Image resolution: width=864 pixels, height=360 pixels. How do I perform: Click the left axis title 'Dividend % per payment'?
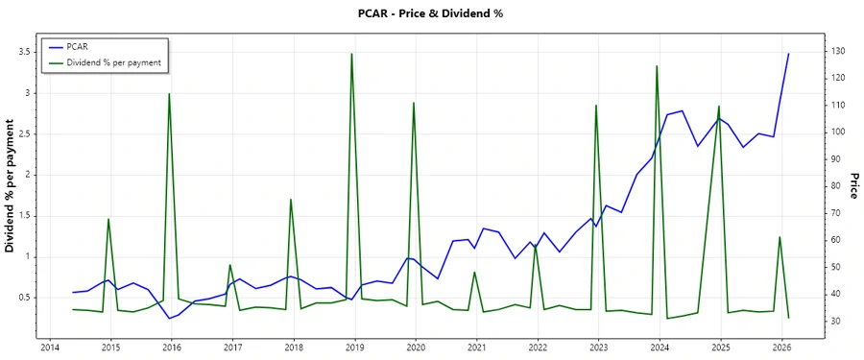coord(12,186)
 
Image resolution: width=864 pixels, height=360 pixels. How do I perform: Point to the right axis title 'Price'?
coord(853,186)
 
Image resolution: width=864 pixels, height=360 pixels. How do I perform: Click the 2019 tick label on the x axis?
coord(354,347)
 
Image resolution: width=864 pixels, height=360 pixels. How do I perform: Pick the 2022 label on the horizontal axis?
coord(538,347)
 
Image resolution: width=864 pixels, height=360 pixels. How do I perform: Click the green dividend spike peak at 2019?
coord(352,54)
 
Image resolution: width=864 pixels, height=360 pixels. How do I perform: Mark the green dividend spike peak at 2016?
coord(170,94)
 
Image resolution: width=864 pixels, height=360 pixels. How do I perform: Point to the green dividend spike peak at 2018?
coord(291,200)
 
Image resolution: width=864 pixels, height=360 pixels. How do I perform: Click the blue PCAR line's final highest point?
coord(789,54)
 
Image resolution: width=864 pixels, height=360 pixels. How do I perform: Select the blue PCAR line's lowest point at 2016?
coord(169,319)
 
